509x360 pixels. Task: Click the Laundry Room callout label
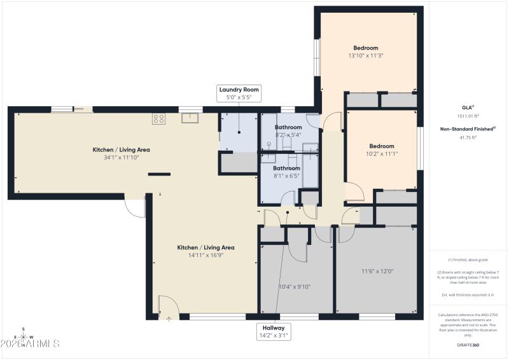click(239, 90)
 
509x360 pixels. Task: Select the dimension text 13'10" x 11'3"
click(366, 56)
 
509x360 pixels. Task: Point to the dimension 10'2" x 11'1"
click(382, 153)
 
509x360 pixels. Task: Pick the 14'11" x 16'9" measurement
click(206, 255)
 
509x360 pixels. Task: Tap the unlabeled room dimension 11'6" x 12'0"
click(377, 271)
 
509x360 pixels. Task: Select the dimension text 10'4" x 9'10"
click(295, 286)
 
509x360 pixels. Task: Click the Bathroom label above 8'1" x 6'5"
click(287, 168)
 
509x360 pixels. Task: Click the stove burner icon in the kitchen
click(158, 118)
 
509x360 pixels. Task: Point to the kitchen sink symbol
click(190, 117)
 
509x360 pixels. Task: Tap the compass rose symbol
click(24, 337)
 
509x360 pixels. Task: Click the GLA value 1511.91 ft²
click(468, 116)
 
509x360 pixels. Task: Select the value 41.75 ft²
click(468, 137)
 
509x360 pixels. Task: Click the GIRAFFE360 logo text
click(468, 344)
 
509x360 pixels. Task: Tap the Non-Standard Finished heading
click(468, 128)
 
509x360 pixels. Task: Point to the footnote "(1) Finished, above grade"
click(468, 260)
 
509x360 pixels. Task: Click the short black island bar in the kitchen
click(159, 173)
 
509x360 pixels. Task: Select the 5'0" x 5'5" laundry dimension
click(239, 98)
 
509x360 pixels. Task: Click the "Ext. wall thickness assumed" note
click(468, 294)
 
